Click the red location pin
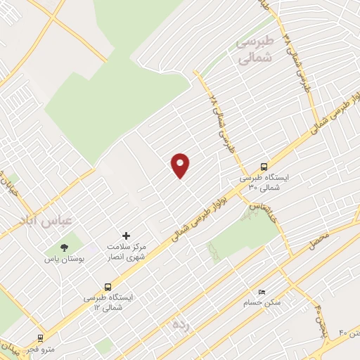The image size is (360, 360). [x=181, y=165]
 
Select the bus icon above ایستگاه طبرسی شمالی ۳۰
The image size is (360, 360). [x=264, y=167]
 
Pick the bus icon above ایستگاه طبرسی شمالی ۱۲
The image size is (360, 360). [x=108, y=286]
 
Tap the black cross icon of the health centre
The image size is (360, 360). [x=126, y=236]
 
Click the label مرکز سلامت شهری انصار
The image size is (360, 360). [x=127, y=252]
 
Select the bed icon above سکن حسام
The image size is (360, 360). [x=262, y=292]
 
